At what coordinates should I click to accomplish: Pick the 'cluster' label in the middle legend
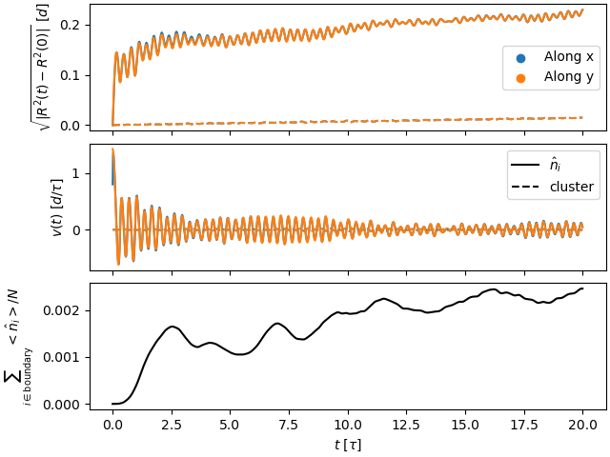tap(572, 187)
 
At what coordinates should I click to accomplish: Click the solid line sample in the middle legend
tap(526, 166)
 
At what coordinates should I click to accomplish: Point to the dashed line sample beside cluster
tap(526, 187)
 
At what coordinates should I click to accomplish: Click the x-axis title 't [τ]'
tap(348, 445)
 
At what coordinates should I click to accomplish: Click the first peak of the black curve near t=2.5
tap(172, 327)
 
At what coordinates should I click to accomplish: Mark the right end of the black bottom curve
tap(582, 288)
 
